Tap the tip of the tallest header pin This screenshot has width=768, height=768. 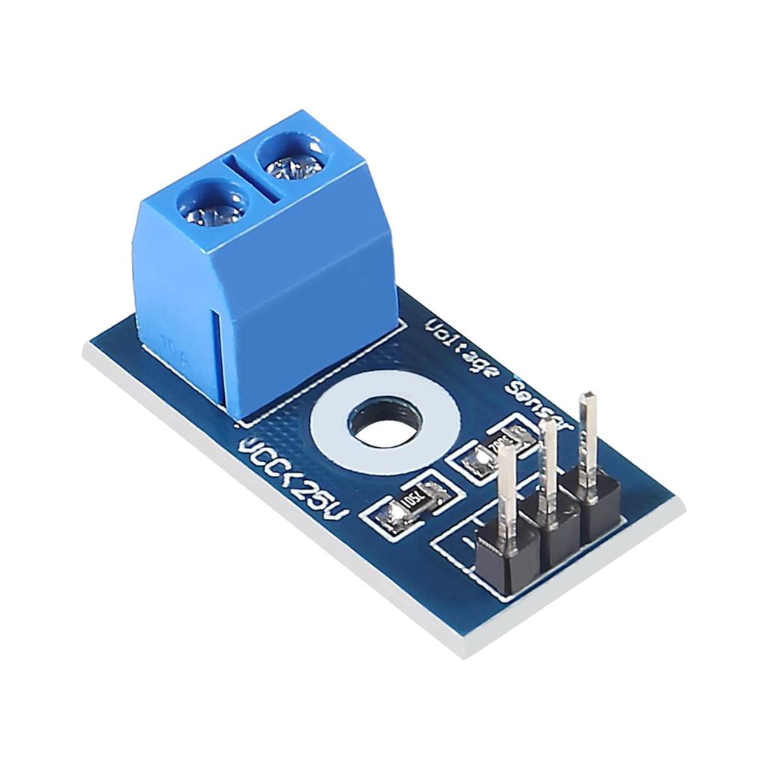coord(589,397)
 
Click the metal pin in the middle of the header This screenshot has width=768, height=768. coord(549,465)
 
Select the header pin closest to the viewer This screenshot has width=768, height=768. coord(507,487)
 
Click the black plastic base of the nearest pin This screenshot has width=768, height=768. coord(507,555)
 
